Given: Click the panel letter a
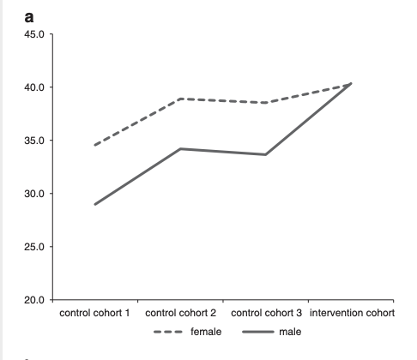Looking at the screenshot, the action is click(x=29, y=17).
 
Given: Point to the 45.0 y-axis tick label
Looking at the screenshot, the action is click(x=34, y=34).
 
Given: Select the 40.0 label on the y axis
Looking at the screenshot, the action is click(x=34, y=87).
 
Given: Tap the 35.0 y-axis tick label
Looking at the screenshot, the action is click(x=34, y=141).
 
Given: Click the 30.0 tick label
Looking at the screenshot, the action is click(x=34, y=194).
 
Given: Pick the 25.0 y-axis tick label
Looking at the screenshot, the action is click(x=34, y=247).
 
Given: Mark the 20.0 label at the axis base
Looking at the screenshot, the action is click(x=34, y=300).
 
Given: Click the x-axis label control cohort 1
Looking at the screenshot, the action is click(x=94, y=313).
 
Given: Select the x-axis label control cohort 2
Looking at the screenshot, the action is click(x=181, y=313).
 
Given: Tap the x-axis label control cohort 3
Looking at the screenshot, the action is click(x=266, y=313).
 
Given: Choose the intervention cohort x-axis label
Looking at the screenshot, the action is click(x=352, y=313).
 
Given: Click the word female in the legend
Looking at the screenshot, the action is click(x=206, y=332).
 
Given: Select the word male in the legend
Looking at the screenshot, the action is click(x=290, y=332).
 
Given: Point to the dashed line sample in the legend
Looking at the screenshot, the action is click(x=168, y=332).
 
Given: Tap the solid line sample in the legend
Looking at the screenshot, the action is click(x=257, y=332).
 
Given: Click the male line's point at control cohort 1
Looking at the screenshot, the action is click(x=95, y=204).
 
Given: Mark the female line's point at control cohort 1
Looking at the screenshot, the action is click(x=95, y=145).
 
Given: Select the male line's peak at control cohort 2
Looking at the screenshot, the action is click(x=180, y=148).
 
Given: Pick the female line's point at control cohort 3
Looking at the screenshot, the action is click(x=266, y=103).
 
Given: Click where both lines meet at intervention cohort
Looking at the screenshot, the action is click(x=351, y=83).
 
